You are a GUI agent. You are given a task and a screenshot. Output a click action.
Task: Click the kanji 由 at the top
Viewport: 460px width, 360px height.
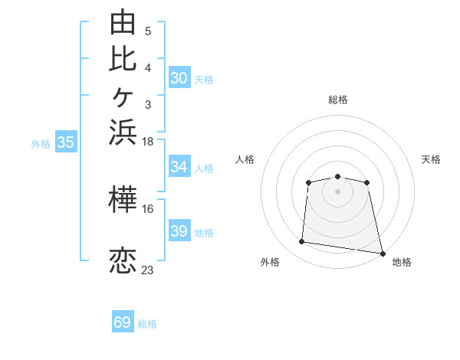123,21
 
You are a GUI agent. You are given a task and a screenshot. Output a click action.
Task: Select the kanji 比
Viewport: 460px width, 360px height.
123,60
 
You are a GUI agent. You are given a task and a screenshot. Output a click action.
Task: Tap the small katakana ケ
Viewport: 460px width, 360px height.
123,97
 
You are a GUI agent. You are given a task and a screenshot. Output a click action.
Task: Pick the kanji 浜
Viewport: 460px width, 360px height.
123,133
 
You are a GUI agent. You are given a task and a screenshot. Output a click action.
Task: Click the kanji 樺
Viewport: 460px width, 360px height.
123,199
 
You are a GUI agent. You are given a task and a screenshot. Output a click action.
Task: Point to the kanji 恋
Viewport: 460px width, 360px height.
123,260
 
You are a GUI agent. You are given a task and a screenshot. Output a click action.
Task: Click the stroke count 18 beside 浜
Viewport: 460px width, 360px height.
147,142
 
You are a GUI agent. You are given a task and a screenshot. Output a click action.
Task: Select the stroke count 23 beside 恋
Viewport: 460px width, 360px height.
147,270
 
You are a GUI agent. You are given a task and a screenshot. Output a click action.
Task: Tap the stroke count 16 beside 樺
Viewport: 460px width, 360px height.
147,209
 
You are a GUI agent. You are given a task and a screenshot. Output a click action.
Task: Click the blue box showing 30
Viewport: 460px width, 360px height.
179,77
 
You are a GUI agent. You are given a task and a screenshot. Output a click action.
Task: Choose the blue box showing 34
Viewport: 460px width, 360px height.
179,165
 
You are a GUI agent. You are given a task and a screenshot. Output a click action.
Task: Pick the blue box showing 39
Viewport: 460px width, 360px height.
179,230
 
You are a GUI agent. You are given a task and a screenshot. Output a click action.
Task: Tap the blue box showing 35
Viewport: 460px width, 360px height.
66,141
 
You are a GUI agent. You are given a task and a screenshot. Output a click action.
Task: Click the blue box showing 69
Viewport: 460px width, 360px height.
123,321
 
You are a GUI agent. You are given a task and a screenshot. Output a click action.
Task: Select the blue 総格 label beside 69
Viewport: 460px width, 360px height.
147,324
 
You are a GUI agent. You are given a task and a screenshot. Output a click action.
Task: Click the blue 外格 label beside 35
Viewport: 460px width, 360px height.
41,144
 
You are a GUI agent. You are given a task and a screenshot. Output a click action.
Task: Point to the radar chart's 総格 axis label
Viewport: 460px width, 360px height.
338,100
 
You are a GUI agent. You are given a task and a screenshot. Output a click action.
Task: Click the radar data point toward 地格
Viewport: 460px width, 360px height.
383,254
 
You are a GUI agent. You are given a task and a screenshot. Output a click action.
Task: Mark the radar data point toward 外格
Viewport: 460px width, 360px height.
301,241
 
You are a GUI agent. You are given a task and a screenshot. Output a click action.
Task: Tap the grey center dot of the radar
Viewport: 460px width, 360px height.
337,191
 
